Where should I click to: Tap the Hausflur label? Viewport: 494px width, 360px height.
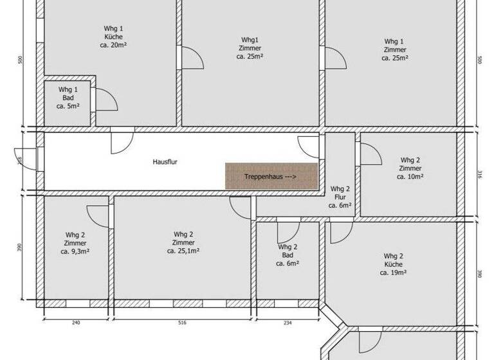tap(165, 162)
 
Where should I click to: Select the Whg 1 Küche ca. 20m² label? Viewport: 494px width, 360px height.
tap(113, 37)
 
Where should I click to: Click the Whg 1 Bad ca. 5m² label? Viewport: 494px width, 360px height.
tap(68, 97)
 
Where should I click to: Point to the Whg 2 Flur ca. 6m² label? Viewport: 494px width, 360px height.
tap(340, 197)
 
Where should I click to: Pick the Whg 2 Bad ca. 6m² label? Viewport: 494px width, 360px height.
tap(288, 255)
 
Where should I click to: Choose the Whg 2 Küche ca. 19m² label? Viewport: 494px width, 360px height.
tap(393, 264)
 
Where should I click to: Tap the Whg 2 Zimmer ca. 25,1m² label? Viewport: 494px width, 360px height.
tap(183, 242)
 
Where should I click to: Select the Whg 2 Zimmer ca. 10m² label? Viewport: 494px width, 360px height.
tap(410, 168)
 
